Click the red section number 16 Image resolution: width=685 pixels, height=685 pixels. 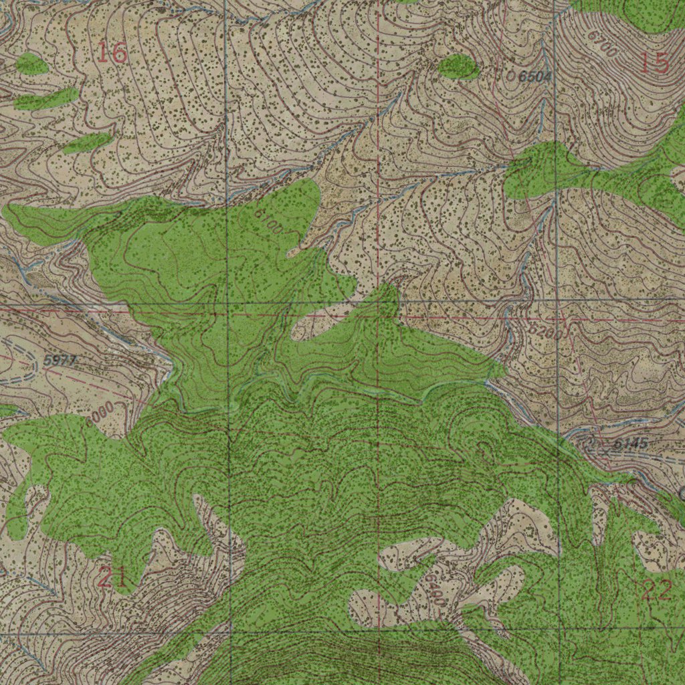point(112,52)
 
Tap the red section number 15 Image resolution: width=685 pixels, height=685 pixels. point(654,63)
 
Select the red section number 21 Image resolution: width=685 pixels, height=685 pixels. point(113,577)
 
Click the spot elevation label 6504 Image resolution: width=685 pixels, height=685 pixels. point(535,77)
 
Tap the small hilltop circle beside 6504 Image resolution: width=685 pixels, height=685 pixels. point(511,77)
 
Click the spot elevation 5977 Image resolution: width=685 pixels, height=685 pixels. point(60,361)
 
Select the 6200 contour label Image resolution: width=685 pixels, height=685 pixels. point(545,331)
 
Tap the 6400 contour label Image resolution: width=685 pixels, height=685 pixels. point(433,589)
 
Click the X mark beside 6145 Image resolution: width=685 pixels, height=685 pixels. point(606,452)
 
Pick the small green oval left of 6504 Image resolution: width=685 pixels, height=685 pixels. point(459,67)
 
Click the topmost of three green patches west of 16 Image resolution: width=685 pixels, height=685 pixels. point(31,64)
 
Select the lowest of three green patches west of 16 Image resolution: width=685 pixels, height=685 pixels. point(87,142)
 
